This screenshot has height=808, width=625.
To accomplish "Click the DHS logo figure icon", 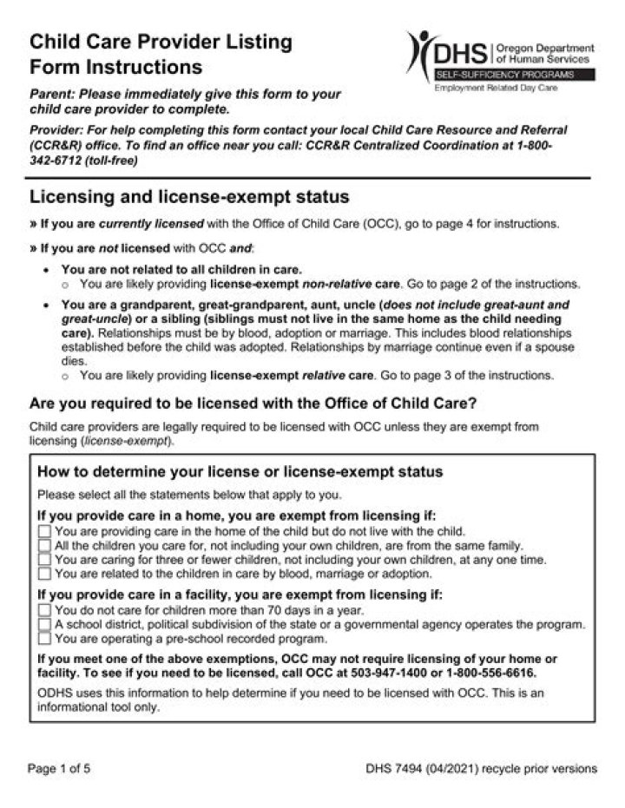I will [423, 54].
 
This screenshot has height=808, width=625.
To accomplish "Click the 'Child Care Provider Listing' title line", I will [161, 42].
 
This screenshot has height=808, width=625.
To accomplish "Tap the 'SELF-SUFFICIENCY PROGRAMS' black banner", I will [514, 76].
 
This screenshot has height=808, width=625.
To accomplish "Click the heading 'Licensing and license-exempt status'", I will [188, 196].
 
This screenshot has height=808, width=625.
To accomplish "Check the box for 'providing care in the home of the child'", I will [44, 531].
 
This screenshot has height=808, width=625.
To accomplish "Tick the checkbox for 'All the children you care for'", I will [44, 546].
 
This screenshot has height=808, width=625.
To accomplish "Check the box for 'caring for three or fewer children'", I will [44, 560].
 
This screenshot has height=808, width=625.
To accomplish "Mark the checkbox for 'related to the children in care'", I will [44, 574].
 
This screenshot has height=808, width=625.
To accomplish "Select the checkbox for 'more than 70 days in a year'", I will [44, 610].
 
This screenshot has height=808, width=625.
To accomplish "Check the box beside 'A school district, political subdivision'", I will [44, 624].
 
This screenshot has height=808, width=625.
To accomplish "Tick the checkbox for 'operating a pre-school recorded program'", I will [44, 638].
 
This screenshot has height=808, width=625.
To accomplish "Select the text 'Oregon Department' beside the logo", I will [543, 48].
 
